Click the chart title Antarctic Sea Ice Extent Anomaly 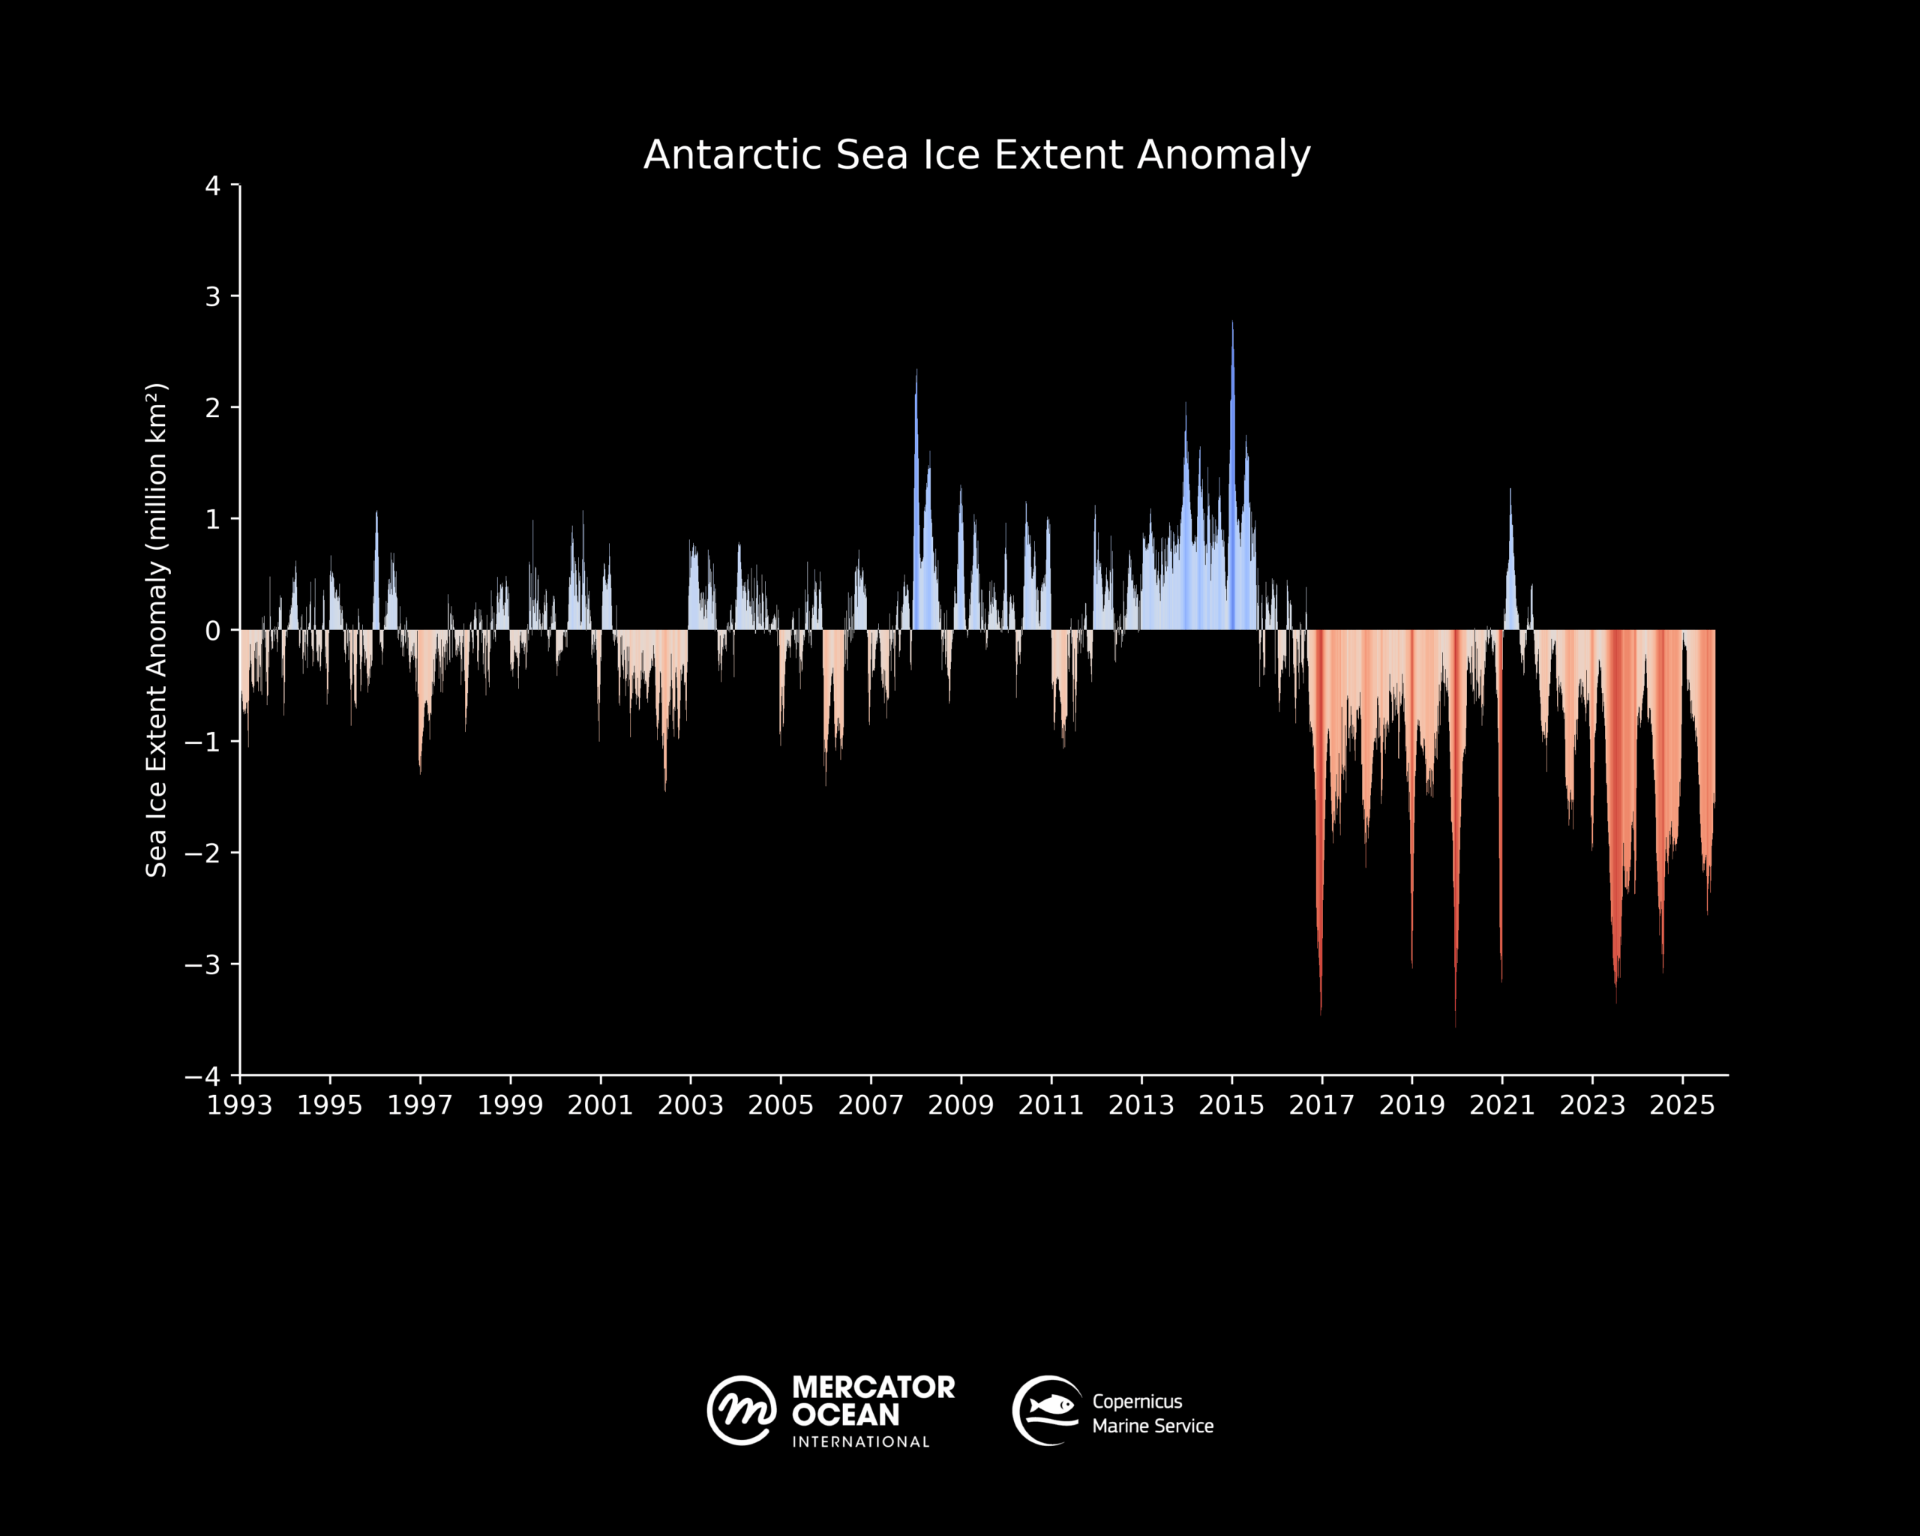[x=977, y=155]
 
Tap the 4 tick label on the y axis [x=213, y=186]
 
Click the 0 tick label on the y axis [x=213, y=631]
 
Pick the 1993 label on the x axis [x=239, y=1105]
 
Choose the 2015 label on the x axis [x=1231, y=1105]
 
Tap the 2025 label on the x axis [x=1682, y=1105]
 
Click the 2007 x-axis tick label [x=871, y=1105]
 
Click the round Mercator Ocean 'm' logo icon [x=741, y=1411]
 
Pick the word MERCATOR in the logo [x=873, y=1387]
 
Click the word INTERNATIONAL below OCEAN [x=861, y=1441]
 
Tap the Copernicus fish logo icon [x=1047, y=1411]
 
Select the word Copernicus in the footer [x=1137, y=1402]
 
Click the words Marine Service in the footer [x=1152, y=1426]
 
